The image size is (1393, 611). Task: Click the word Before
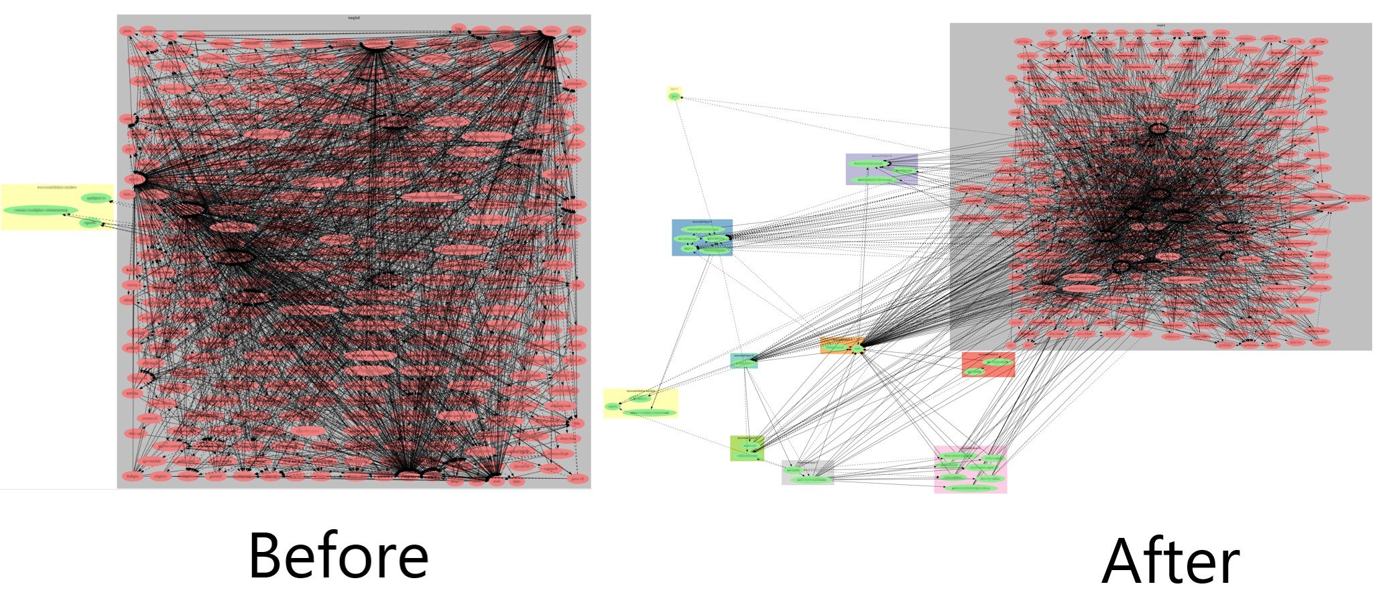pos(338,556)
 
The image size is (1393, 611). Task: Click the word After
pos(1170,563)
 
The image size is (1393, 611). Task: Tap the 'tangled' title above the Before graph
pos(353,18)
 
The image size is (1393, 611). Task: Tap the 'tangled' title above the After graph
pos(1160,26)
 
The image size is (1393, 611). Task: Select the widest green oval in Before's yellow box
pos(40,210)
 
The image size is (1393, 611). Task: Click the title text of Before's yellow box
pos(57,188)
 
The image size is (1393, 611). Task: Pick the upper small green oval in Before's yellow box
pos(95,198)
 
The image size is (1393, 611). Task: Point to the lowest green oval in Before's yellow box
pos(90,223)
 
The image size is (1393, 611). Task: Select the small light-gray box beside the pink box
pos(806,473)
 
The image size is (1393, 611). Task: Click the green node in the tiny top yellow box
pos(674,96)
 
